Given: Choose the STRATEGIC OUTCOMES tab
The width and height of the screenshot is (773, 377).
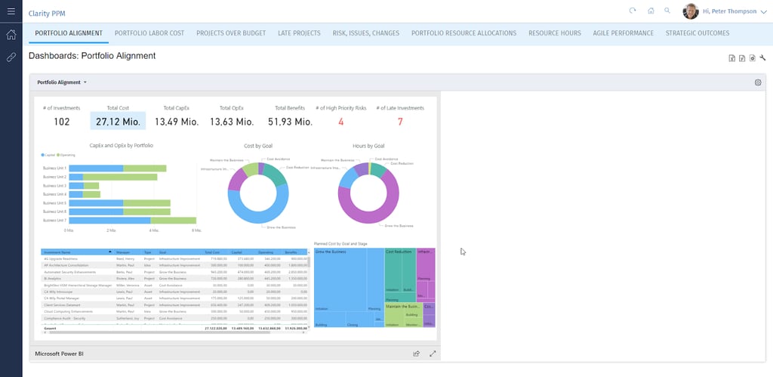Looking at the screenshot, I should (x=697, y=33).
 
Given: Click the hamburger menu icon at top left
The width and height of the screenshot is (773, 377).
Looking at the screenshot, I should (x=11, y=11).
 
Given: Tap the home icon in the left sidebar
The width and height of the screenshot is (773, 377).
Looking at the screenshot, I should (x=11, y=35).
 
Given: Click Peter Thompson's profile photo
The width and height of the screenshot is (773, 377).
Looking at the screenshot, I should (x=690, y=11).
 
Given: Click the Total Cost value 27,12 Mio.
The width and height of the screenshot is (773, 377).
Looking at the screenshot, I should (x=117, y=122).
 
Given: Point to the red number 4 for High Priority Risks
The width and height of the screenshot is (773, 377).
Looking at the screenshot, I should (x=340, y=122).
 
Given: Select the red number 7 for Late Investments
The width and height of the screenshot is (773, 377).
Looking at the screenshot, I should (x=400, y=122).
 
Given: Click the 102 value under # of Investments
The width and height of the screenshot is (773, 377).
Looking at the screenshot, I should (x=62, y=122).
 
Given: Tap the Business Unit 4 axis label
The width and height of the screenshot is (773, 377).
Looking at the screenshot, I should (x=54, y=194).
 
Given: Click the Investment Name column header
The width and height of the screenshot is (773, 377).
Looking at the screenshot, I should (x=57, y=252).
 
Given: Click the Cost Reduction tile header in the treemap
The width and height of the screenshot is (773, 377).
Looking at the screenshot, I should (x=398, y=251).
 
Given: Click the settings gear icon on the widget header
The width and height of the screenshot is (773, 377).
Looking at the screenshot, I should (x=758, y=82).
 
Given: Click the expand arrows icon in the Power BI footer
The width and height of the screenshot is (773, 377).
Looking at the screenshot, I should (x=433, y=353).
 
